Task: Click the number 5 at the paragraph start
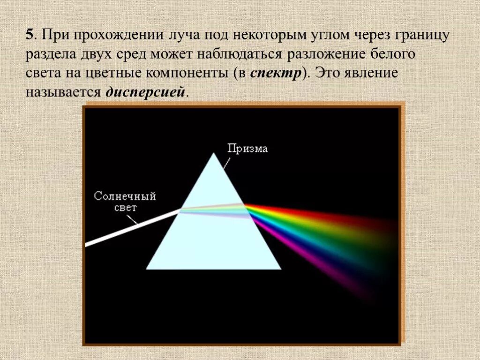pyautogui.click(x=30, y=35)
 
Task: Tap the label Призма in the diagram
pyautogui.click(x=247, y=149)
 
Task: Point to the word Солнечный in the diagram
pyautogui.click(x=125, y=196)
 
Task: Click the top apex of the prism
pyautogui.click(x=214, y=154)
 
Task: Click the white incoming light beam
pyautogui.click(x=131, y=228)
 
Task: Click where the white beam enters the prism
pyautogui.click(x=180, y=211)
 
